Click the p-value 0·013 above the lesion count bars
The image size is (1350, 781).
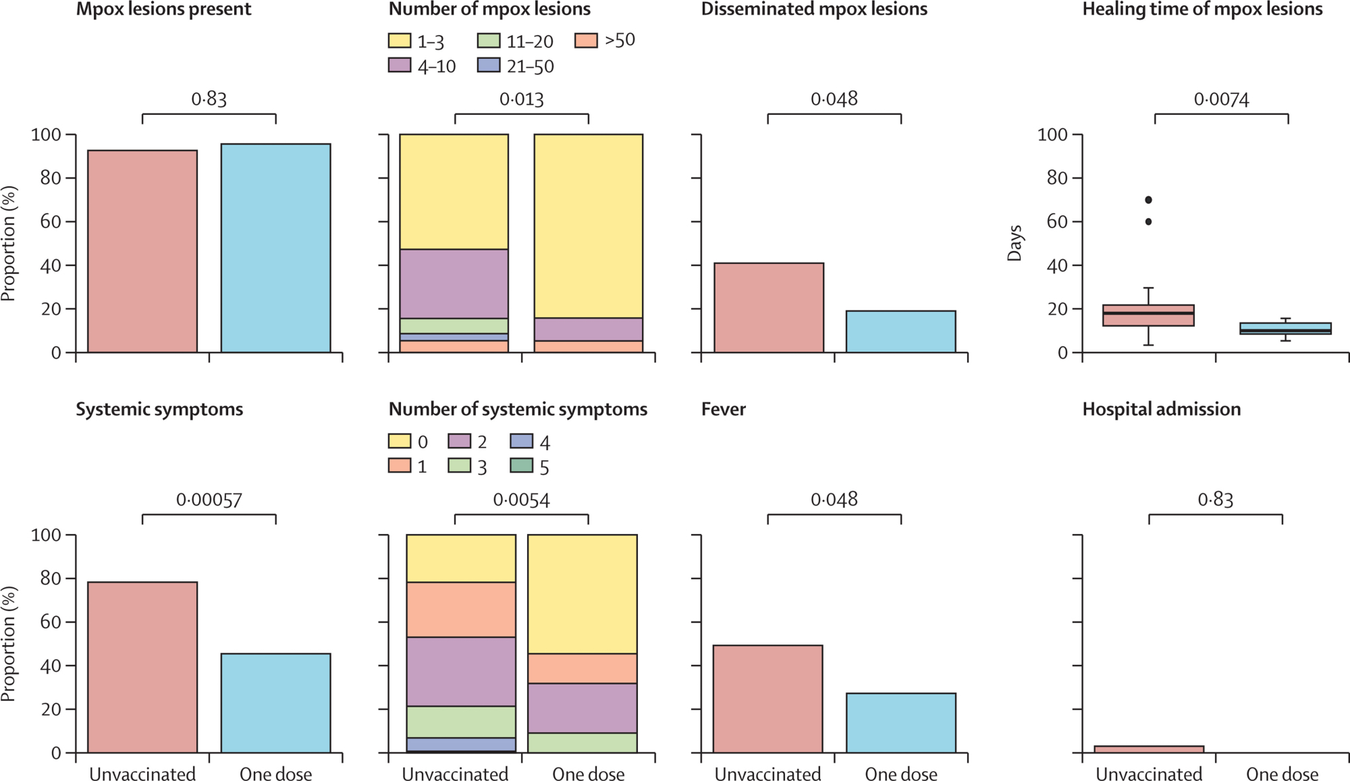pos(521,100)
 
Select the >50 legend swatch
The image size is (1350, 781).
pos(586,41)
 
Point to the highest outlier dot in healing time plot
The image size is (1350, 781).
pos(1148,200)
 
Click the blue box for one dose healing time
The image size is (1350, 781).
pos(1285,329)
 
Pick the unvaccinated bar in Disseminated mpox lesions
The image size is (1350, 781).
pos(769,308)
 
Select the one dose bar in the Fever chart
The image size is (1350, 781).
pos(900,722)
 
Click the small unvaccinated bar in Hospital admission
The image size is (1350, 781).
pos(1148,749)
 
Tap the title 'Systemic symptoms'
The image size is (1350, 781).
pos(159,409)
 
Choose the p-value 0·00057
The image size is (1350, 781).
pos(209,500)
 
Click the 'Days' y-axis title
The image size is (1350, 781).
pos(1015,243)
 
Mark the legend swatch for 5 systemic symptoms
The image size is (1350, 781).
pos(521,466)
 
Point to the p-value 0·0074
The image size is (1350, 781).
pos(1221,100)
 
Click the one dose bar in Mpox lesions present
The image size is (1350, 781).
pos(275,248)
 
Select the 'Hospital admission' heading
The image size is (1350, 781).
pos(1161,409)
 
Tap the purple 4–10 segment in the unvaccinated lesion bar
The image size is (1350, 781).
pos(454,284)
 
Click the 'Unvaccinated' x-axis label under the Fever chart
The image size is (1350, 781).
pos(767,774)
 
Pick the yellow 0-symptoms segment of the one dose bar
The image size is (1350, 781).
pos(582,594)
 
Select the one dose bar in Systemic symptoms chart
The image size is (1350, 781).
pos(275,703)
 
